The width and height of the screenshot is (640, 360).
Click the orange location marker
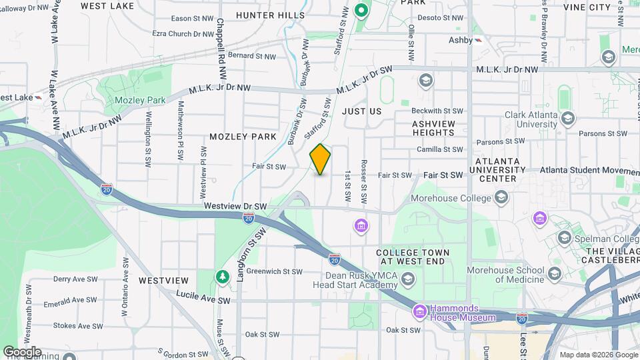click(320, 159)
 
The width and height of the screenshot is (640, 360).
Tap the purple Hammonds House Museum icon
click(419, 311)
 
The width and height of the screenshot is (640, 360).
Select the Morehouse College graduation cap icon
click(501, 197)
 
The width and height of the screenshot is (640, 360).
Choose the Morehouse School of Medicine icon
click(554, 274)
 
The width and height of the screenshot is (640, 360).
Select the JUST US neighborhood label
click(362, 111)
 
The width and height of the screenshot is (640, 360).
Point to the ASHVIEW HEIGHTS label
click(433, 129)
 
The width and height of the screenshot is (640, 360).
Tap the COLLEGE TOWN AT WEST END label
click(413, 257)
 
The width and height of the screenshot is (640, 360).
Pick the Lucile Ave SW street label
click(203, 297)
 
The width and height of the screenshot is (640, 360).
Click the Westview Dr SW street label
click(235, 207)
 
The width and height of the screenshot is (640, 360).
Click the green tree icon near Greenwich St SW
click(221, 276)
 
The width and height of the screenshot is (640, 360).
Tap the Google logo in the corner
click(21, 351)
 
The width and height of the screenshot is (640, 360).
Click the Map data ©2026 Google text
click(597, 355)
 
